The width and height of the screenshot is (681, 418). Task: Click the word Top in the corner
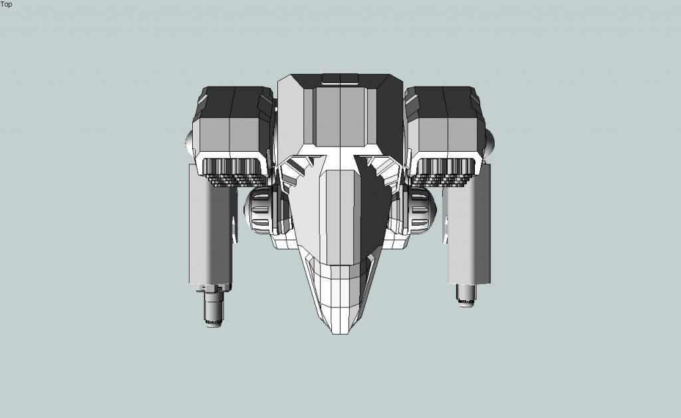(x=6, y=5)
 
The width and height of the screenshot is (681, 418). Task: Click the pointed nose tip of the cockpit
(x=340, y=333)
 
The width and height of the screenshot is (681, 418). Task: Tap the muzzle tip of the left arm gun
(x=213, y=323)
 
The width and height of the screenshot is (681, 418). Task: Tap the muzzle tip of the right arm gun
(x=466, y=302)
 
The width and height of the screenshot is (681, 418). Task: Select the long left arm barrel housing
(x=210, y=226)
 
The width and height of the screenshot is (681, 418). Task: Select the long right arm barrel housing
(x=470, y=224)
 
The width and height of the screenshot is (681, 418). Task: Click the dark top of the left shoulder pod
(x=235, y=102)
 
